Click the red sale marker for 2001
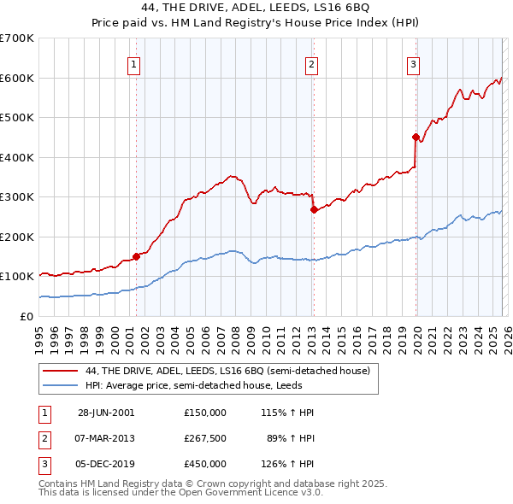[136, 256]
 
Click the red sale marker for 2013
[314, 209]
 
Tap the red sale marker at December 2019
[416, 137]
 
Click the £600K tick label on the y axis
[17, 78]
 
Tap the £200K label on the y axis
[17, 237]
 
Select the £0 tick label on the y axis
[26, 316]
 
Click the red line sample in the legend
[62, 371]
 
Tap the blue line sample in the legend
[62, 384]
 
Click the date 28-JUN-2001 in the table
[106, 412]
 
